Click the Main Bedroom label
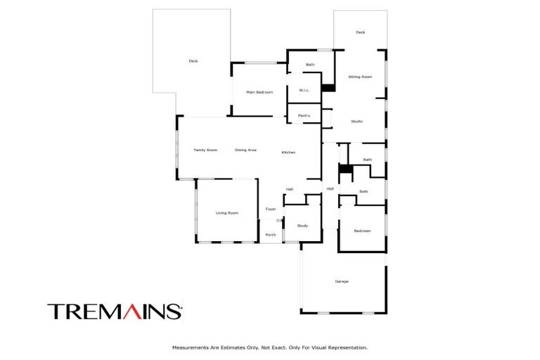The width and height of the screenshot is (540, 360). [259, 92]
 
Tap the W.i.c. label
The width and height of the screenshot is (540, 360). [304, 90]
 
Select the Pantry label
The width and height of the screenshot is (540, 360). [304, 115]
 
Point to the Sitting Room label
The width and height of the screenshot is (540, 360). [360, 77]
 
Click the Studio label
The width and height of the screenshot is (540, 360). [356, 122]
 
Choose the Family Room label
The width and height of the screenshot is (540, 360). [205, 150]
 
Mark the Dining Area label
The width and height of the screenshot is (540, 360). [245, 150]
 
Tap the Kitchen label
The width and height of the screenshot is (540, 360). [288, 153]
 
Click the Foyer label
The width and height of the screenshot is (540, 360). [271, 210]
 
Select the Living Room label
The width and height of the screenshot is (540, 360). [226, 213]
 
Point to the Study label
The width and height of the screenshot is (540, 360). [302, 226]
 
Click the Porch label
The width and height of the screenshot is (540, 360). [271, 235]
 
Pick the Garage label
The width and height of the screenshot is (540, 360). [342, 281]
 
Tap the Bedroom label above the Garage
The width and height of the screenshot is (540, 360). [361, 231]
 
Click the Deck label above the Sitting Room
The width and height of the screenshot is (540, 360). [360, 32]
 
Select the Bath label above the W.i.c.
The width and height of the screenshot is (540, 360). [309, 65]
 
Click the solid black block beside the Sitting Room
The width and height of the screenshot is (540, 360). [328, 89]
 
